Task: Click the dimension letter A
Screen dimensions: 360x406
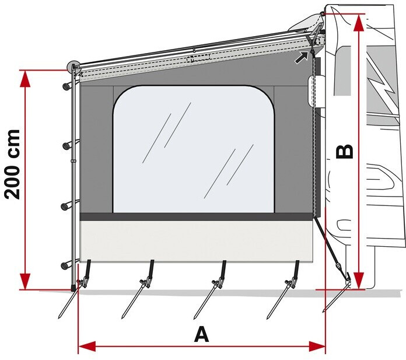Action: [201, 334]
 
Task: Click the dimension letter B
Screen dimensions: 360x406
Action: [345, 151]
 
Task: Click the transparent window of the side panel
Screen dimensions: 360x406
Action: [192, 149]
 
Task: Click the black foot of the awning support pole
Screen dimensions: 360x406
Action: [73, 288]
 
